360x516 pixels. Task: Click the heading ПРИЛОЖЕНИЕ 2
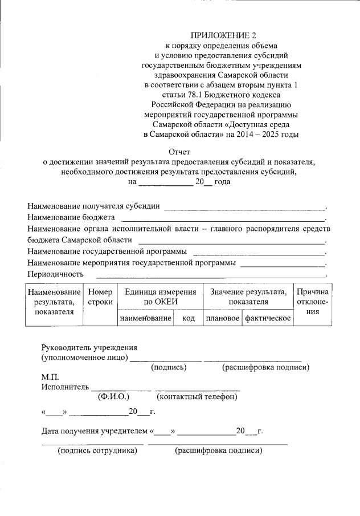coord(220,37)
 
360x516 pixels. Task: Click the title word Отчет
coord(179,152)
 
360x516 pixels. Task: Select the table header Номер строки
coord(100,296)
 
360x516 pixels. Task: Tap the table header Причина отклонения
coord(312,302)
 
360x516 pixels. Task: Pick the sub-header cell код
coord(189,318)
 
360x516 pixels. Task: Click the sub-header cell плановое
coord(222,318)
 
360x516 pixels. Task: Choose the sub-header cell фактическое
coord(268,318)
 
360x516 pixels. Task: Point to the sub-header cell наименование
coord(145,318)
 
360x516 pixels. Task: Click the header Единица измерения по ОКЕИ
coord(160,296)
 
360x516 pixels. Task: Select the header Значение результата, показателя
coord(248,296)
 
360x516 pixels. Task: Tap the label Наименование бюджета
coord(71,217)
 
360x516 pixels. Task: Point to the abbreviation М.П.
coord(50,377)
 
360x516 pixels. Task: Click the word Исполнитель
coord(65,387)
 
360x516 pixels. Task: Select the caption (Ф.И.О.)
coord(114,396)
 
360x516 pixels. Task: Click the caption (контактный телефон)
coord(197,396)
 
